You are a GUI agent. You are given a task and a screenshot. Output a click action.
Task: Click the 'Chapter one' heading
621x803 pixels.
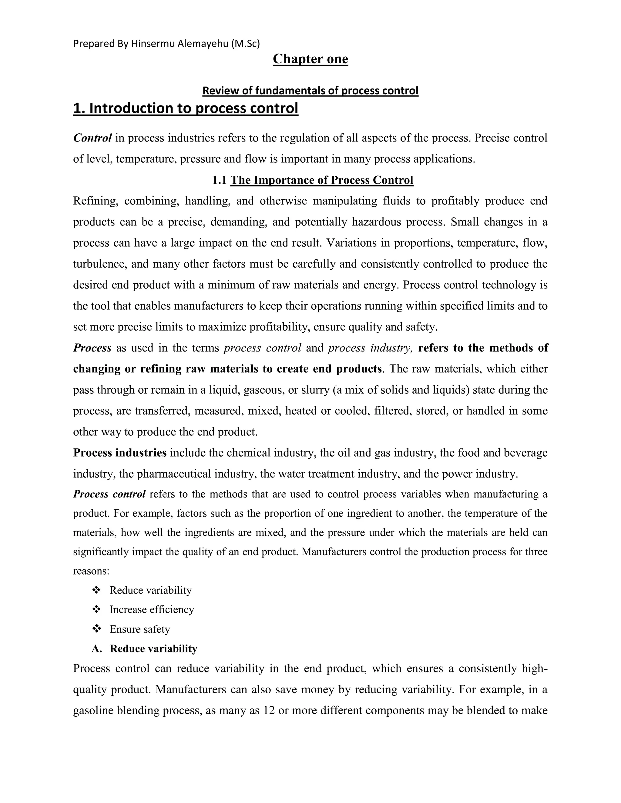(310, 59)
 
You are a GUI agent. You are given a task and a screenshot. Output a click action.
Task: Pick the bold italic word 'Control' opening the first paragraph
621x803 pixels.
(92, 138)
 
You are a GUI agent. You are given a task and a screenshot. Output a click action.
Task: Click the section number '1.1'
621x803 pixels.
(219, 180)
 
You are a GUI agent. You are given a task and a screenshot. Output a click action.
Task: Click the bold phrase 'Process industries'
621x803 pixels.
(120, 453)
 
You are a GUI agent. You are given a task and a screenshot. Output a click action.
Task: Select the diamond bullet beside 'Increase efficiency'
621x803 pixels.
(96, 610)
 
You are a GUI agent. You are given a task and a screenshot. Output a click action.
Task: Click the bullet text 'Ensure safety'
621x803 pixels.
(140, 629)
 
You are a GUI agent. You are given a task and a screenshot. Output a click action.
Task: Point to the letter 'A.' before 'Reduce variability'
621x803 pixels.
(97, 648)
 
